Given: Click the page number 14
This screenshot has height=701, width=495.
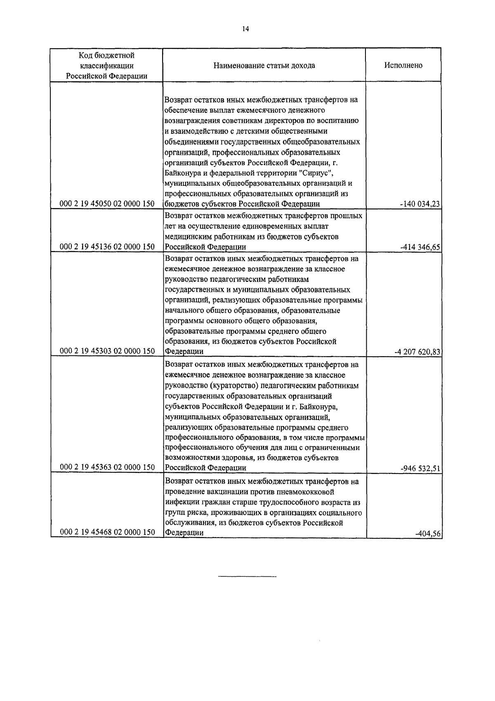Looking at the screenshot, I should pos(246,29).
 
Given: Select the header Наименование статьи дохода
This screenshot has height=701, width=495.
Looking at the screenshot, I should pos(264,65).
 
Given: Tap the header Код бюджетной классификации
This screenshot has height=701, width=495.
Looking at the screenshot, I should pos(107,65).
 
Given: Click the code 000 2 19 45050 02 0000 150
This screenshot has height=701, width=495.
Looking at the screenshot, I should pos(107,204).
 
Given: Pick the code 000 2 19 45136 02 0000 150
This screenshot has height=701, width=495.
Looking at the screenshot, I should pos(107,247).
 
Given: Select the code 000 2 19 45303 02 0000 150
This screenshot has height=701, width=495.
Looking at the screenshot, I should pos(107,351).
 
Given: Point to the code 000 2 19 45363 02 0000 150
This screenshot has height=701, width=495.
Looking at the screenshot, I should pos(107,467).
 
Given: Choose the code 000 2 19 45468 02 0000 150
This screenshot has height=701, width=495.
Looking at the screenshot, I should pos(107,532).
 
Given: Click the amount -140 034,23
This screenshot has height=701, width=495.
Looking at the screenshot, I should pos(419,204).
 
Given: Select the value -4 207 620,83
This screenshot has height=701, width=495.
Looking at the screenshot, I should pos(417,352).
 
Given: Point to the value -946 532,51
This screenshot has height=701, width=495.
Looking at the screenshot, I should pos(420,468).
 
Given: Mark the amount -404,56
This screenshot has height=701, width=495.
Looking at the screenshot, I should pos(429,533).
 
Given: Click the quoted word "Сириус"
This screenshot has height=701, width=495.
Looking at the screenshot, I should pos(319,172).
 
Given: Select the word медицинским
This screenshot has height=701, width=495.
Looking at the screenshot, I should pos(185,237).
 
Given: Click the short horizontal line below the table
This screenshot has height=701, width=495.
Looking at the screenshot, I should pos(247,576).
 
